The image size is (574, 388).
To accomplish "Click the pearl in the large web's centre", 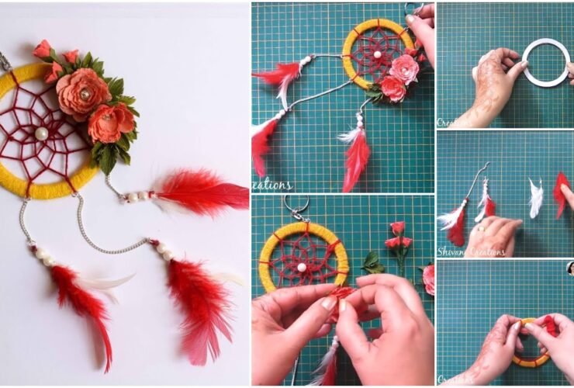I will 41,133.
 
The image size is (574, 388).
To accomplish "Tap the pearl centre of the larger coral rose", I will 85,94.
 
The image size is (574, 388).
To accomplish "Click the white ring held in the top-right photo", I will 546,64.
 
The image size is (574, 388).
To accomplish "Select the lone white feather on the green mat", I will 535,198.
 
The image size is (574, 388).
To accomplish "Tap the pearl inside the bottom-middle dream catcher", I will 301,267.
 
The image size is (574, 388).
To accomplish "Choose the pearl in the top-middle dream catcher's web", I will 377,55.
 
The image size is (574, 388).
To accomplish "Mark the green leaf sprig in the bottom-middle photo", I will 373,262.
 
